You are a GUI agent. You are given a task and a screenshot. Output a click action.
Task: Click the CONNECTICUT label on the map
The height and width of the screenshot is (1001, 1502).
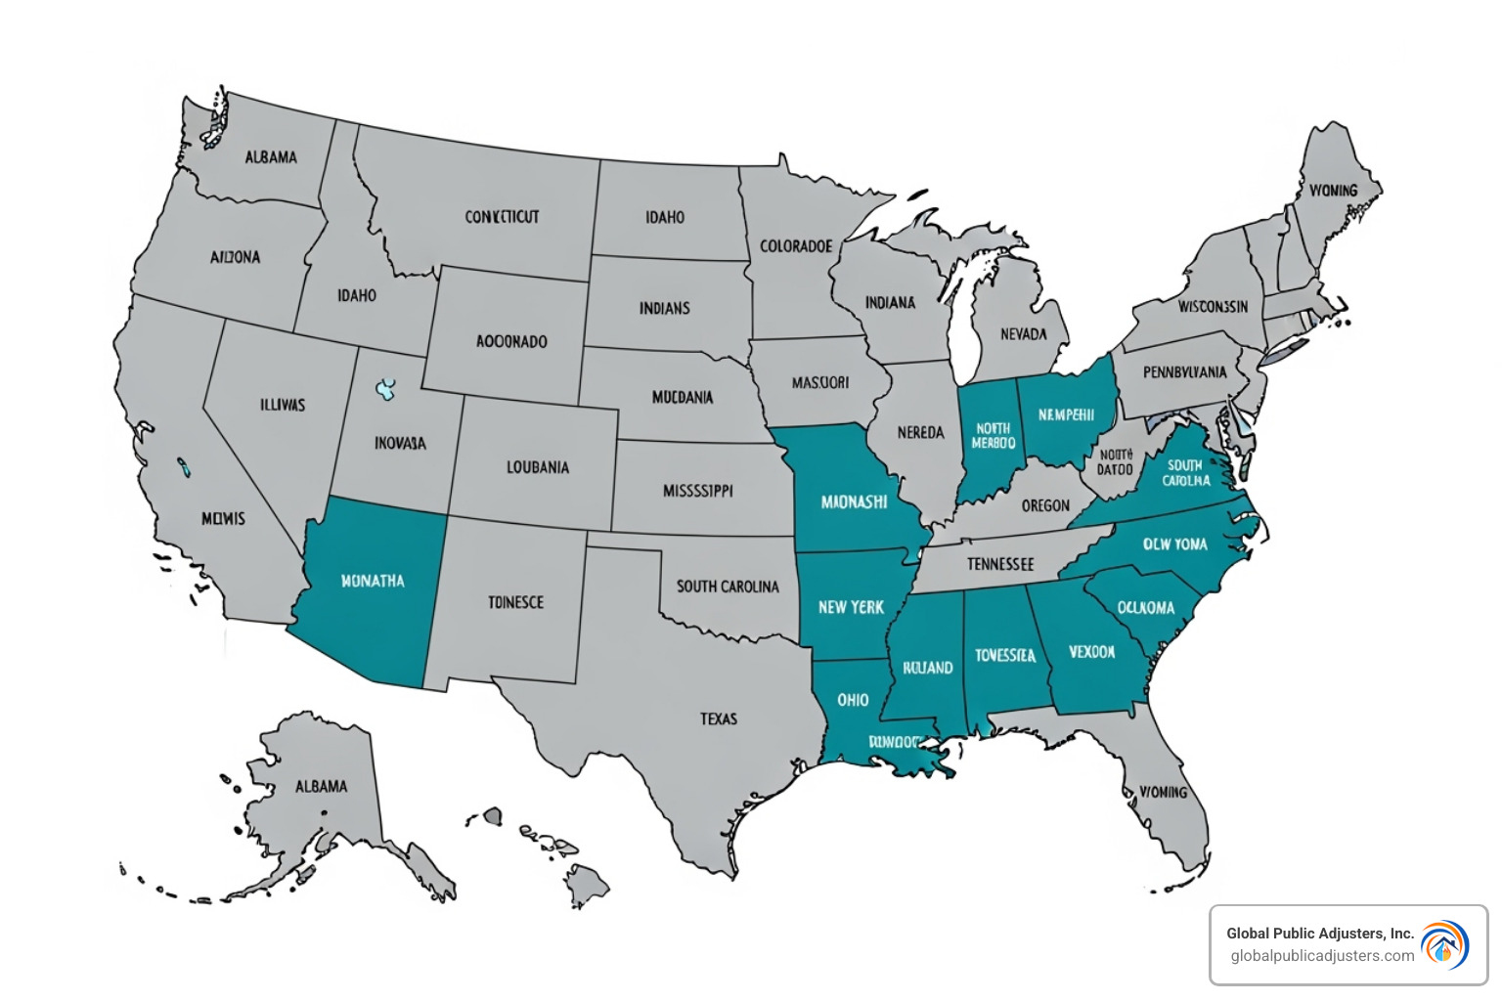(502, 217)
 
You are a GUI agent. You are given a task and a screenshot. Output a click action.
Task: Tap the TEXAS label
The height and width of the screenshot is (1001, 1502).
(719, 718)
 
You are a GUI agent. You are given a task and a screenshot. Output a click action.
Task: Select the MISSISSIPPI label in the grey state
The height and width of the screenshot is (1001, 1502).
(697, 491)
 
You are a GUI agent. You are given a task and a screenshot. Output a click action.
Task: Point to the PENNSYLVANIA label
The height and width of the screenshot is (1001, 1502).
(1184, 372)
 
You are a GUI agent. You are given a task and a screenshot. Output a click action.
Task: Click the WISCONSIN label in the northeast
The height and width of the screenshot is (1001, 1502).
(1213, 307)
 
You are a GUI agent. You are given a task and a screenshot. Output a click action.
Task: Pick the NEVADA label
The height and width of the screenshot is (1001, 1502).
(1023, 334)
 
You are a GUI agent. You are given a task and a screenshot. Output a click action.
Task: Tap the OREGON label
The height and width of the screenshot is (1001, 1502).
(1045, 505)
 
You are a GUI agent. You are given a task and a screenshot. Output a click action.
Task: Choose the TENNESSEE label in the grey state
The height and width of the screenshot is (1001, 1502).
(999, 564)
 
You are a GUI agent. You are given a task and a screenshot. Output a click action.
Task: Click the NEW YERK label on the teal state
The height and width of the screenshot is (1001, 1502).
(851, 607)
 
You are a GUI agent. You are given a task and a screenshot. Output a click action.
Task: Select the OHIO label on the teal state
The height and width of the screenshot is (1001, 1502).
(853, 700)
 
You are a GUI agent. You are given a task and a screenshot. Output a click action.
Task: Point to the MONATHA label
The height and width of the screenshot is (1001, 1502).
(373, 581)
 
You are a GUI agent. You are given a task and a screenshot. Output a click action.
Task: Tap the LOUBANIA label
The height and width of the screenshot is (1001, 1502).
(537, 467)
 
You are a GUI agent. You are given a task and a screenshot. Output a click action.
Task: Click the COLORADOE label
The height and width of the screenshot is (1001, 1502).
(796, 246)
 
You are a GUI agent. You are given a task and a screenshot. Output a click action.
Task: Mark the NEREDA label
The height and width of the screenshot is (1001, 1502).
(920, 432)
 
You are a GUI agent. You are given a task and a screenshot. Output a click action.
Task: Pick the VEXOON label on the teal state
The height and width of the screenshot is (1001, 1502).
(1091, 652)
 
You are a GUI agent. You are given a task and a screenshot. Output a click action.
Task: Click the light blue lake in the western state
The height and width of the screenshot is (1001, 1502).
(386, 390)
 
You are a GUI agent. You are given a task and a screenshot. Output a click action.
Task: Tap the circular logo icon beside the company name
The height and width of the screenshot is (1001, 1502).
(1444, 945)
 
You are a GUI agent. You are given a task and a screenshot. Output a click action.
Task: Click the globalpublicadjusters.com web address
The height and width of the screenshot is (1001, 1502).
(1322, 956)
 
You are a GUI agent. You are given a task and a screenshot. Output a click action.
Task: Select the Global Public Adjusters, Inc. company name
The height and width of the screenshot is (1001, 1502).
(1320, 934)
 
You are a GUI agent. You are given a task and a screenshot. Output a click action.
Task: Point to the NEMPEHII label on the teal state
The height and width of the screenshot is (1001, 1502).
(1066, 415)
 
